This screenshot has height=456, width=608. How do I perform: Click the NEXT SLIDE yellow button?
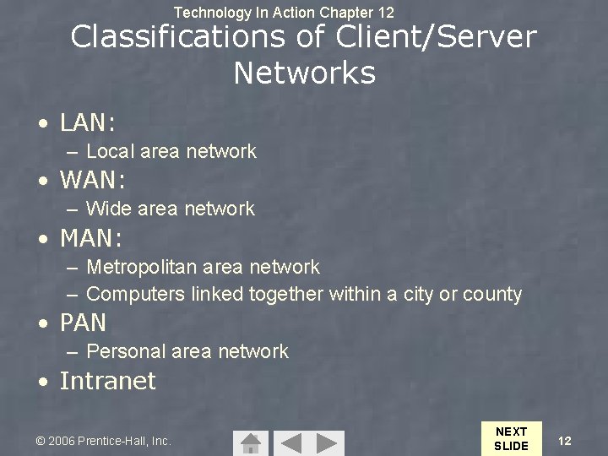click(x=510, y=438)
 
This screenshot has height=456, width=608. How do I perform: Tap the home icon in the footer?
click(x=250, y=442)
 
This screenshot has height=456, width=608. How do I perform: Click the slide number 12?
click(x=565, y=441)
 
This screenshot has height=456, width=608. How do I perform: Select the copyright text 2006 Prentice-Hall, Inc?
click(x=103, y=441)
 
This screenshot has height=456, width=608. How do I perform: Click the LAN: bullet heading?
click(x=87, y=123)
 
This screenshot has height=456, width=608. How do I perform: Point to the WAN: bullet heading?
click(x=92, y=180)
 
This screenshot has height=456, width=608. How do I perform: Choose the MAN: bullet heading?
click(x=91, y=239)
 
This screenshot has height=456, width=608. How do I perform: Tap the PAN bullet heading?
click(x=83, y=323)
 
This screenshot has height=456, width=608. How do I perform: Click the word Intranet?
click(x=107, y=381)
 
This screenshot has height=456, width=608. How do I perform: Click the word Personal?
click(x=123, y=351)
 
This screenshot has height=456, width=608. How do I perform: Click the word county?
click(x=492, y=295)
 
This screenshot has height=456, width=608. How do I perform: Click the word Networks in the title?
click(x=304, y=73)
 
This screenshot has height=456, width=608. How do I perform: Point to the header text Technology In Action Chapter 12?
click(x=284, y=13)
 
